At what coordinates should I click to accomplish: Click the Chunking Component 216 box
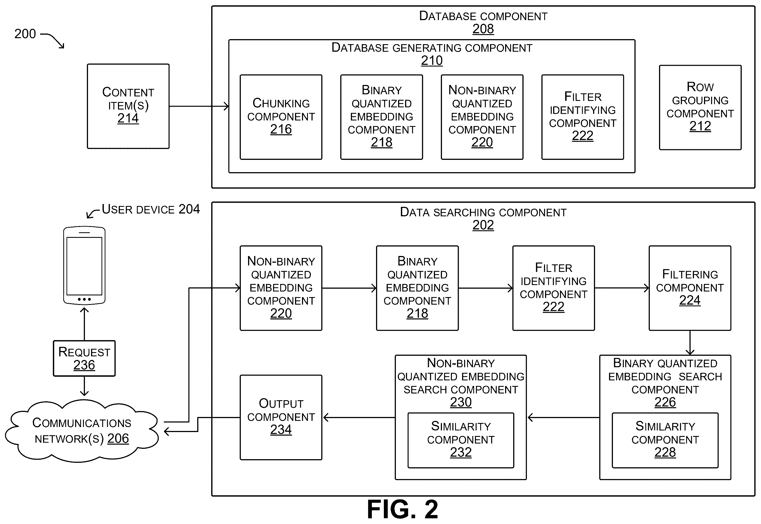[281, 117]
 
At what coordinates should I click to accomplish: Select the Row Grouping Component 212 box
[700, 107]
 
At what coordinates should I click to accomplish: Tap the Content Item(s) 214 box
[128, 106]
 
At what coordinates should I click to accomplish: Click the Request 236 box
[84, 358]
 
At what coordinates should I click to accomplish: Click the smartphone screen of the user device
[84, 266]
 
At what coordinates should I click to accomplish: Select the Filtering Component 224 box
[690, 288]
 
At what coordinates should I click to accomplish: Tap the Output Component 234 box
[281, 417]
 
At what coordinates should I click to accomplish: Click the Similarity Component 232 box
[461, 440]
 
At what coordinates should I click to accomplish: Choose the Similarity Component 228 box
[665, 440]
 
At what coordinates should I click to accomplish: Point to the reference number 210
[432, 60]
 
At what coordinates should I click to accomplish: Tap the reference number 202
[483, 225]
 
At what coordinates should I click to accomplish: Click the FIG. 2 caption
[403, 509]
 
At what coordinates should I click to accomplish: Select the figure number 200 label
[25, 34]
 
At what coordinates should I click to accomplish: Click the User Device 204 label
[151, 209]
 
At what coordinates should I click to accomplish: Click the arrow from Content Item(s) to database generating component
[199, 106]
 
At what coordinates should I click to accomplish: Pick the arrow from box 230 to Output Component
[359, 418]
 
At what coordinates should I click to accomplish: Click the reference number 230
[461, 402]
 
